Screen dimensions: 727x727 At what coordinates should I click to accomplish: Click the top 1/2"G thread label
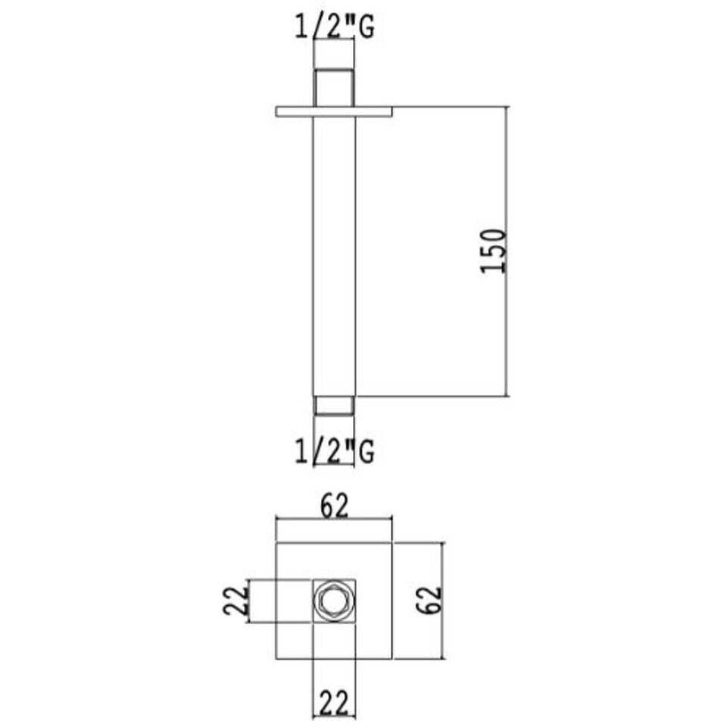334,28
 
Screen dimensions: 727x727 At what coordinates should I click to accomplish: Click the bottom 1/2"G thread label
334,451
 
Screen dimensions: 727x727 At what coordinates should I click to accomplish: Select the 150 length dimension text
493,251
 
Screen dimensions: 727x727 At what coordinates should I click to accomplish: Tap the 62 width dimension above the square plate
334,507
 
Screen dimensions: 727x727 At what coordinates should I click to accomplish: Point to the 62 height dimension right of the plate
429,600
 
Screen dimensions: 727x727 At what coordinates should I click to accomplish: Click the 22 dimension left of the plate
236,601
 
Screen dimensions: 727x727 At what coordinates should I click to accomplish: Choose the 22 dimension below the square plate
334,704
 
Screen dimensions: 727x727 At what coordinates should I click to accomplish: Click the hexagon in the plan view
334,601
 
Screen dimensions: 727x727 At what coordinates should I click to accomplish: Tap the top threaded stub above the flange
334,88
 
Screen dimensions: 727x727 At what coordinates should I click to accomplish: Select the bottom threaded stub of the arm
334,405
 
